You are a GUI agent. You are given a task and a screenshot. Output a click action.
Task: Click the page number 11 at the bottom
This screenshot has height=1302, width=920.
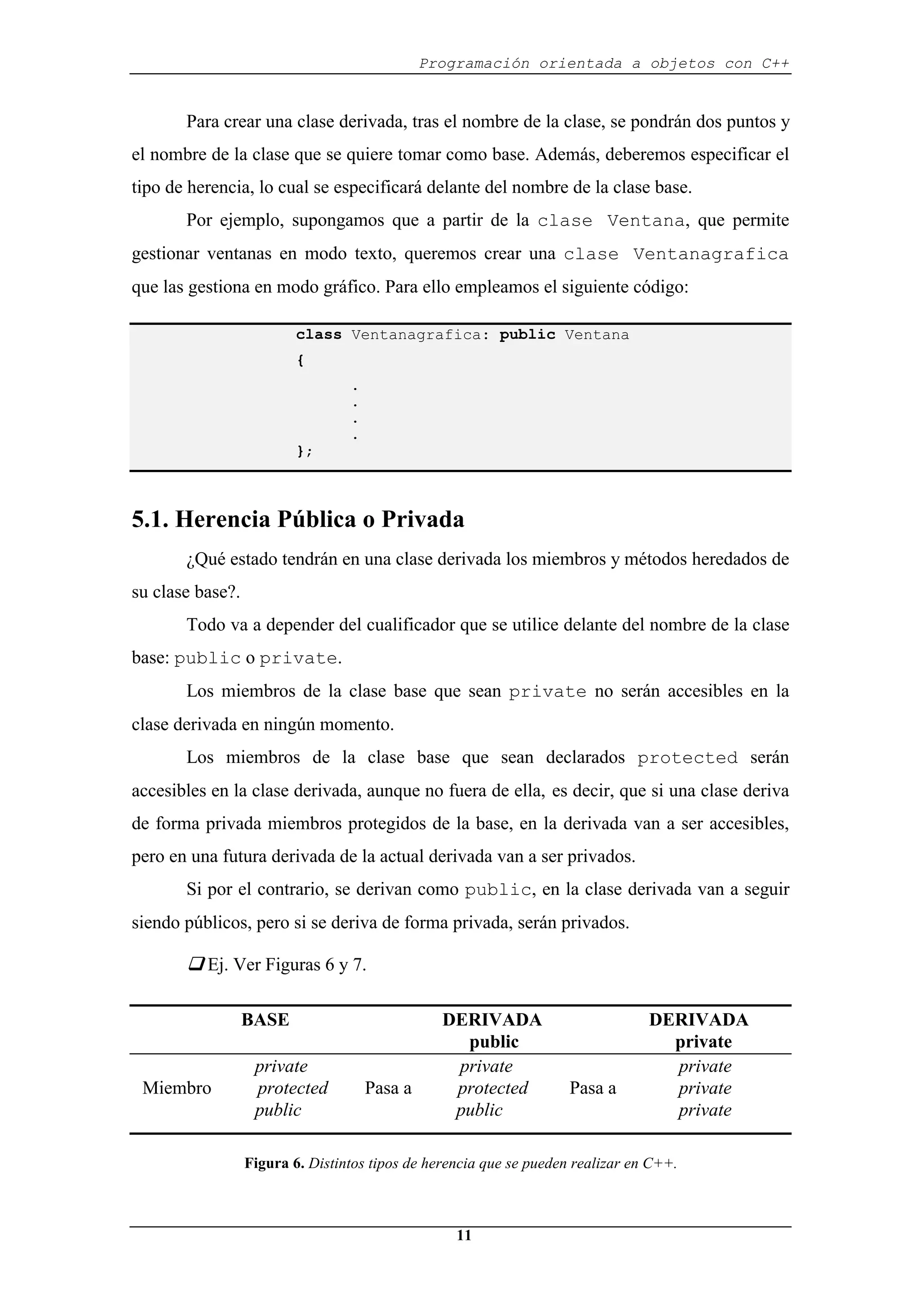(x=464, y=1235)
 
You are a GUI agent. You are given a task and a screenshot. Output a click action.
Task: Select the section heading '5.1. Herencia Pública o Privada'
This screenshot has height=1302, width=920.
(x=297, y=519)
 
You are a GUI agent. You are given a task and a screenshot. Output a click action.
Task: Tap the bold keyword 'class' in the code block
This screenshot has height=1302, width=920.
(x=318, y=335)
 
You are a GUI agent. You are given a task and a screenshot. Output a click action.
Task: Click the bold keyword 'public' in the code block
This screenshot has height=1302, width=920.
(x=527, y=335)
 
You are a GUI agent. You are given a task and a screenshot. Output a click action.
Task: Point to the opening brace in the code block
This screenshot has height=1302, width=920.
(x=301, y=361)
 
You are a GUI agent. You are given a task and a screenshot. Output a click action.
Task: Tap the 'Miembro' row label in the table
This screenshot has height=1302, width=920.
(x=177, y=1088)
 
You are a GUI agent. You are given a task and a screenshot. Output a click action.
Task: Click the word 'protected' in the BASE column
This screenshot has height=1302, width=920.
(x=292, y=1088)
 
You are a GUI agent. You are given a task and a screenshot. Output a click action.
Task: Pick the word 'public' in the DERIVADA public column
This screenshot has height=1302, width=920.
(x=479, y=1110)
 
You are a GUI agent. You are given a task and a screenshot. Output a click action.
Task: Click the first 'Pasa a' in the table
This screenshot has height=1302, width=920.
(x=388, y=1088)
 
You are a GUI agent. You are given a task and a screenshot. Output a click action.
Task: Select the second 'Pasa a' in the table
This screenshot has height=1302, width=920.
(x=593, y=1088)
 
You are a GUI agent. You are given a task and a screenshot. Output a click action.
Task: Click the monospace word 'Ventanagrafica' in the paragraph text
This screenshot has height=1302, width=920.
(x=710, y=254)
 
